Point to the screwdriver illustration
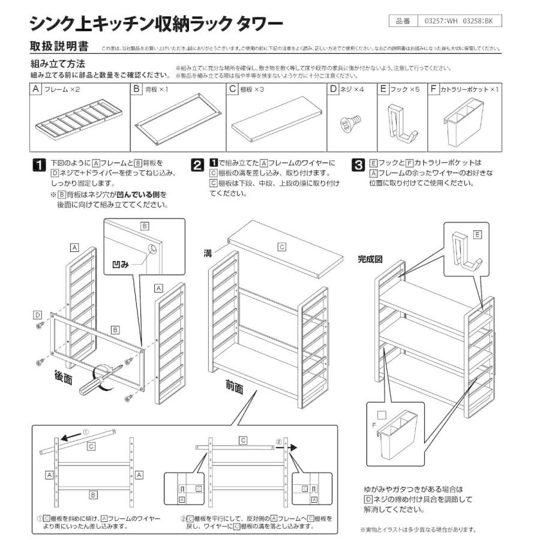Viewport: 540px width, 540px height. pos(99,380)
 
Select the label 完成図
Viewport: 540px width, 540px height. pos(370,260)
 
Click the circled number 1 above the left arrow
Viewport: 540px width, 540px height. pos(85,431)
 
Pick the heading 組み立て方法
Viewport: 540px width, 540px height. pos(58,64)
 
